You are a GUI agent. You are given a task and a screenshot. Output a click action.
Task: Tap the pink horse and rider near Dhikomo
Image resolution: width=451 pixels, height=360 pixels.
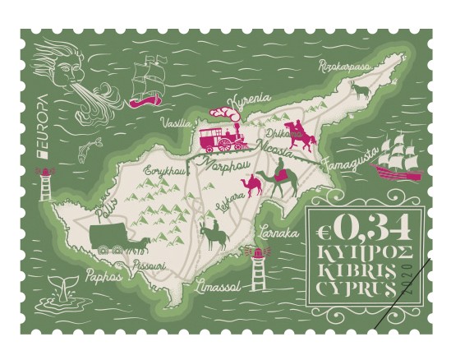point(302,135)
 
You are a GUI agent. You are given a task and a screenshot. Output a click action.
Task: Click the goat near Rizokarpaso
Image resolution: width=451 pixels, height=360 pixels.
point(359,87)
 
